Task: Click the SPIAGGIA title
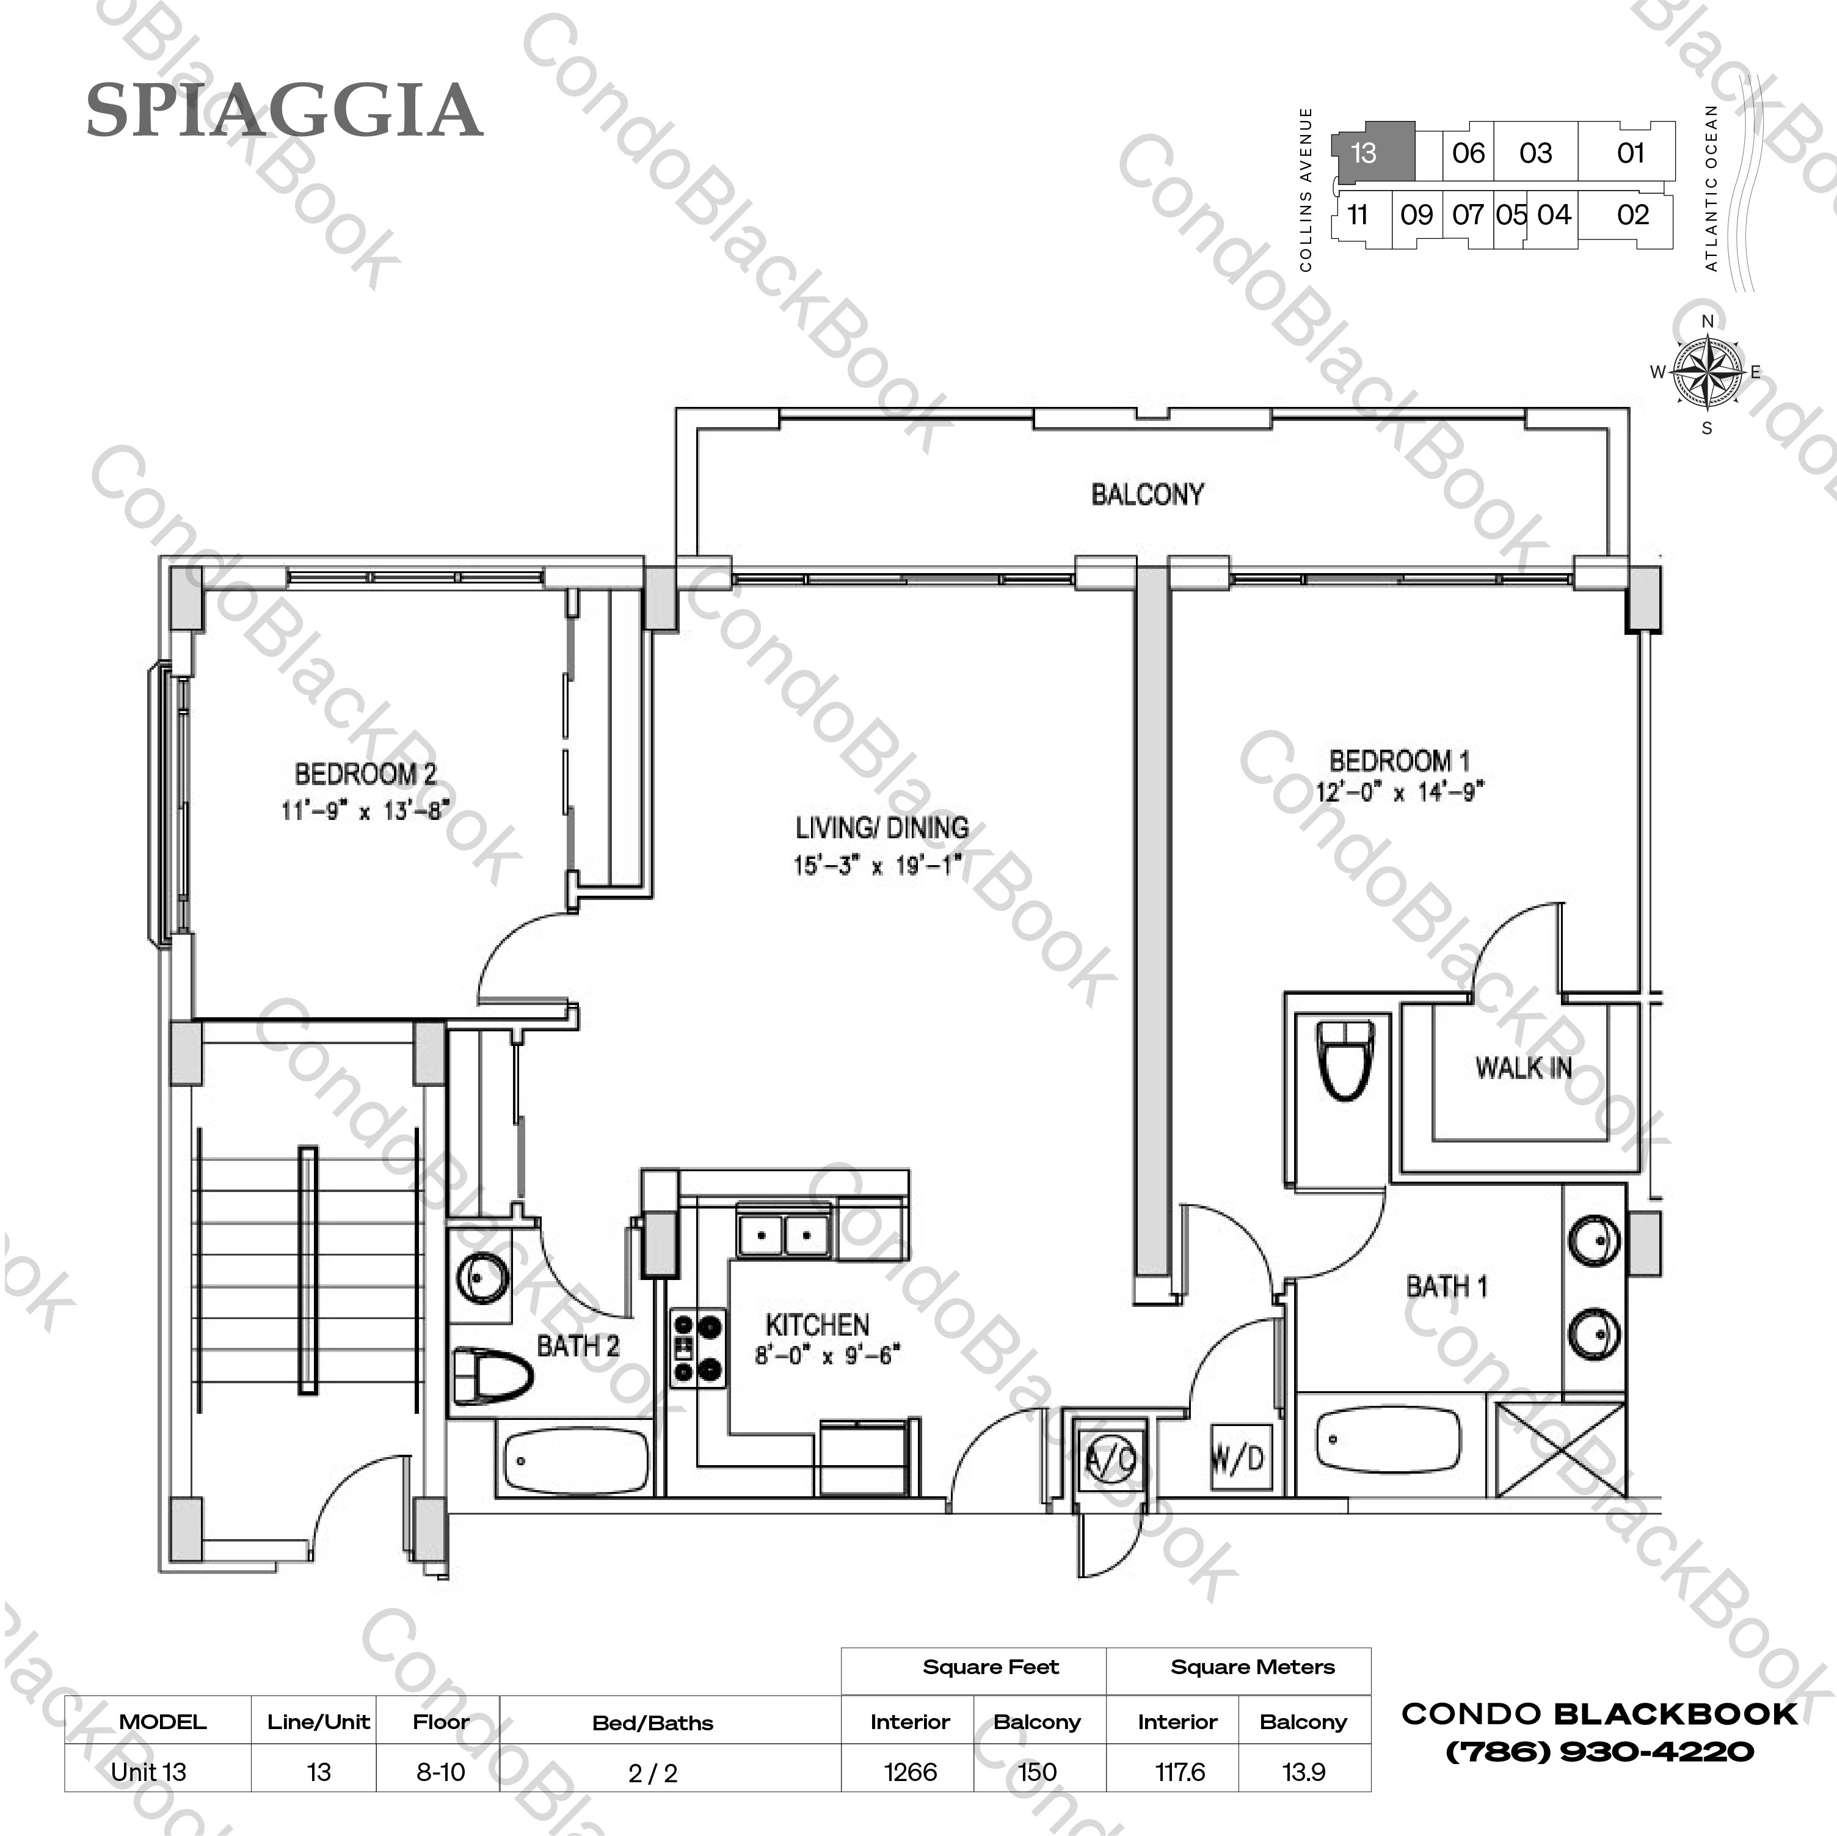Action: (283, 111)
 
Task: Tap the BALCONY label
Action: (1147, 495)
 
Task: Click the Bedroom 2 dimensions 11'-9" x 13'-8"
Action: (365, 811)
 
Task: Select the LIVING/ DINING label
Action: (881, 828)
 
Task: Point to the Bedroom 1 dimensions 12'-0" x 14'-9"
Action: (1400, 791)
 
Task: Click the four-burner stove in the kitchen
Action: (697, 1347)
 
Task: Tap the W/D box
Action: (1238, 1457)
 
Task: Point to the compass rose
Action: (1707, 373)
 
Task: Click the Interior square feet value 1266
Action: (910, 1772)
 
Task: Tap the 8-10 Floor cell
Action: (440, 1772)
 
